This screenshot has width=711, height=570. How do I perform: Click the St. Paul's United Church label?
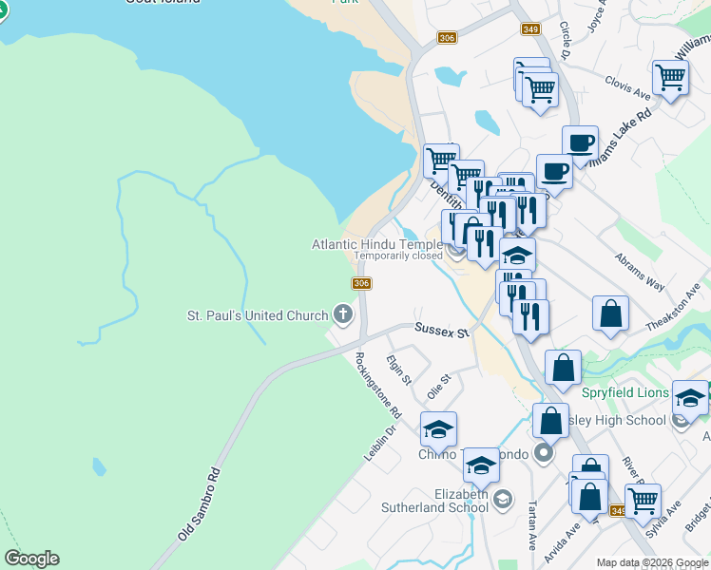[257, 314]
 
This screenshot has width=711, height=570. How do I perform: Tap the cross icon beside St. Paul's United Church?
[342, 314]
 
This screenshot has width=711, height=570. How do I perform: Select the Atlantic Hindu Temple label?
[377, 244]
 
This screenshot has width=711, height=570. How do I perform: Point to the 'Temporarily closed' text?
[398, 256]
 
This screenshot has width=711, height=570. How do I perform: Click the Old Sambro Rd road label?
[200, 504]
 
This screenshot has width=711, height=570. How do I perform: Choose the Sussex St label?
[442, 330]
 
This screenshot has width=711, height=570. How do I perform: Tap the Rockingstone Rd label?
[378, 386]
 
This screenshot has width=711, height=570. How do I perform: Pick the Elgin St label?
[399, 370]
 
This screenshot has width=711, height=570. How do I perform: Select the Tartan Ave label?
[530, 526]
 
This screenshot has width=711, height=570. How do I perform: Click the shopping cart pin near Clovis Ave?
[671, 78]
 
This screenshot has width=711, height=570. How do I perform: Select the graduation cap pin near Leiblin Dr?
[438, 428]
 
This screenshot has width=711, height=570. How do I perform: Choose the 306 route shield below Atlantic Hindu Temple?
[361, 283]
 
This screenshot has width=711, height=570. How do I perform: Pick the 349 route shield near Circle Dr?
[531, 29]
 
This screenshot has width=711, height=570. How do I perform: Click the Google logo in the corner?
[31, 559]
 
